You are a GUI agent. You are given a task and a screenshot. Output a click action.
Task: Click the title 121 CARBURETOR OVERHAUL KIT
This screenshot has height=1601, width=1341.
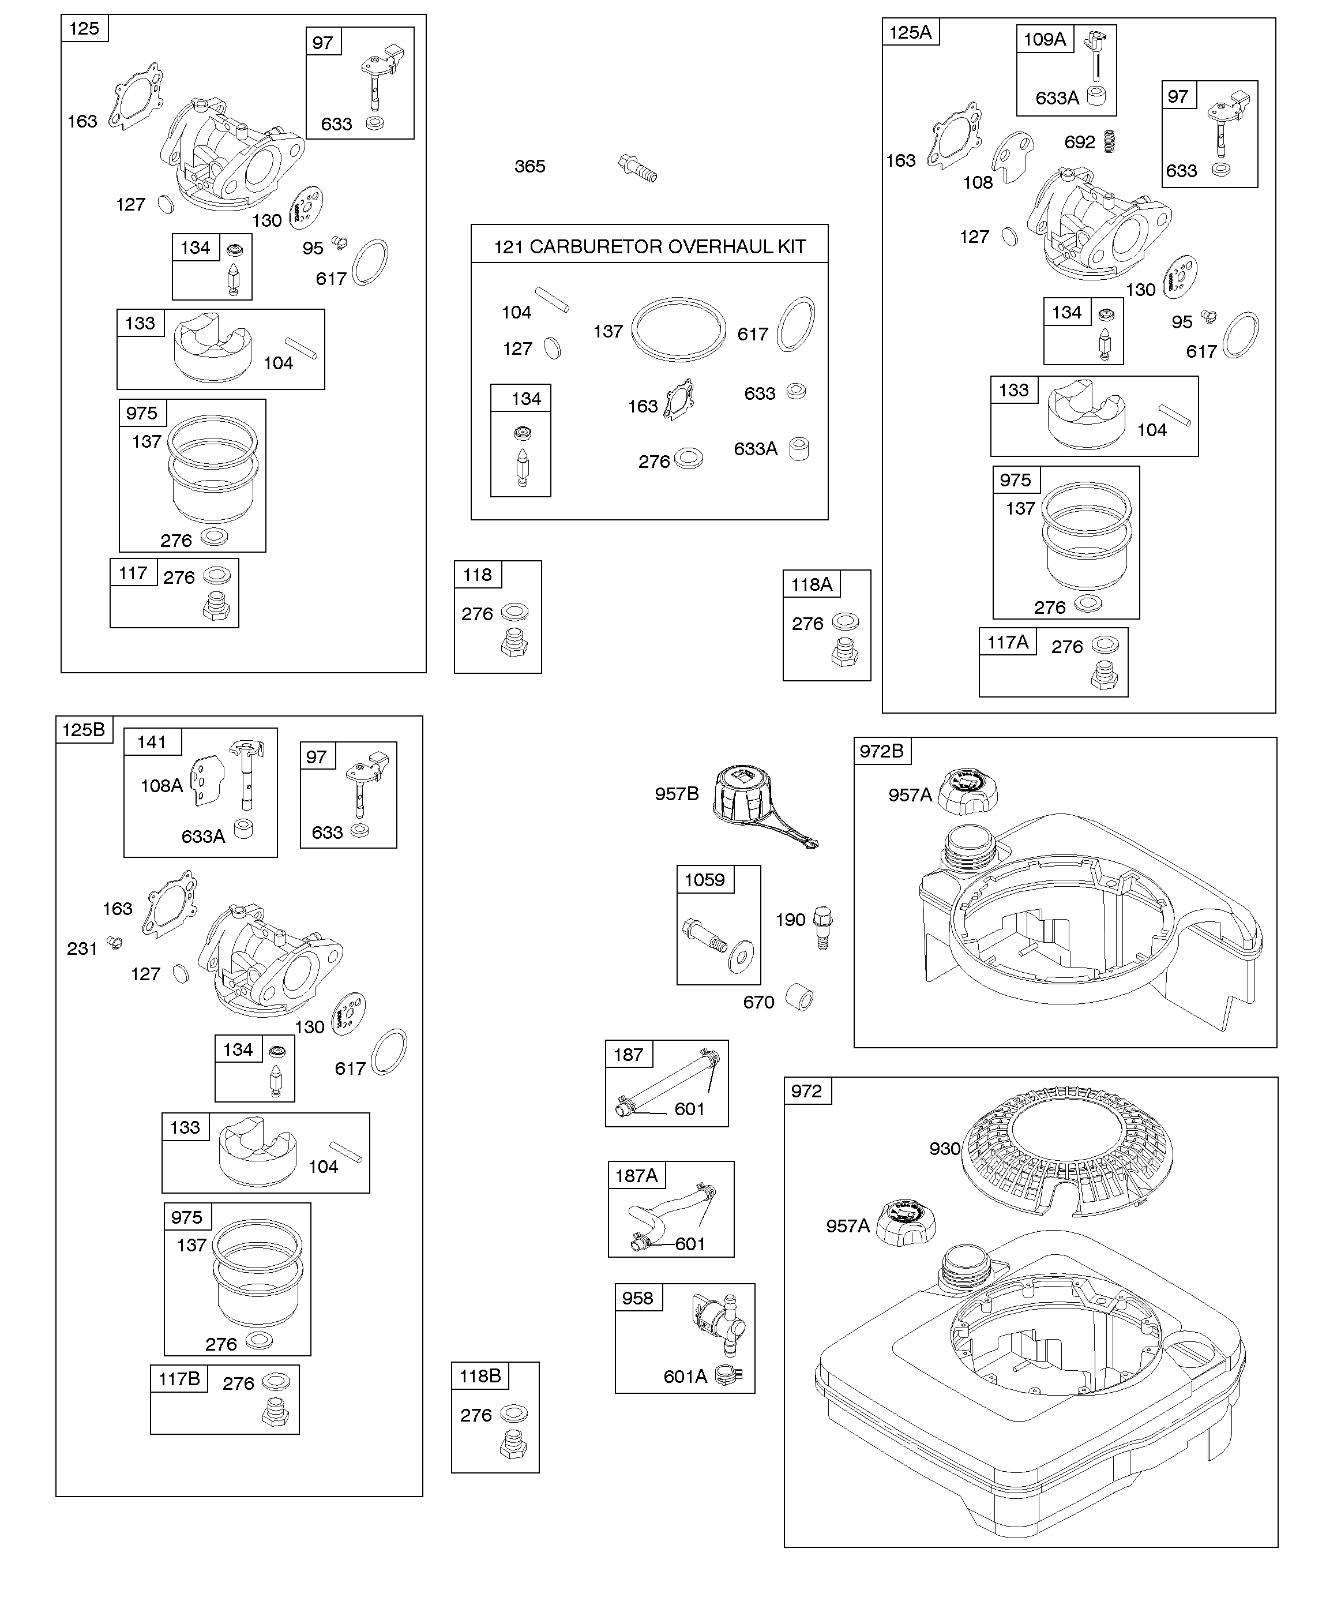pyautogui.click(x=649, y=246)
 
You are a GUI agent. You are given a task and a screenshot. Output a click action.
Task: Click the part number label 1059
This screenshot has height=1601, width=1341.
pyautogui.click(x=704, y=880)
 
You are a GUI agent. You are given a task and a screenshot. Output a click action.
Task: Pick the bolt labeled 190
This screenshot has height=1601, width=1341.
pyautogui.click(x=824, y=927)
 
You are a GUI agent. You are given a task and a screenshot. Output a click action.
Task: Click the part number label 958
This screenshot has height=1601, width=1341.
pyautogui.click(x=637, y=1298)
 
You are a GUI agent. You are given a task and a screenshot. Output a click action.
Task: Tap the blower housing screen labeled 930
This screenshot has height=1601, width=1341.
pyautogui.click(x=1067, y=1151)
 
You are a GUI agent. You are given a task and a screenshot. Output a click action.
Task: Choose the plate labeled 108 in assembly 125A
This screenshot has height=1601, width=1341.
pyautogui.click(x=1012, y=158)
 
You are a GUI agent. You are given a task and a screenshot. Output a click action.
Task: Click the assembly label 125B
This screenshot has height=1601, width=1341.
pyautogui.click(x=83, y=730)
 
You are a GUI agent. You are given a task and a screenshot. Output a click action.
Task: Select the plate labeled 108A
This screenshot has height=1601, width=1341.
pyautogui.click(x=208, y=780)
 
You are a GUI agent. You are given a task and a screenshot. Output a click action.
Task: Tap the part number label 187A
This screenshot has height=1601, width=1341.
pyautogui.click(x=636, y=1176)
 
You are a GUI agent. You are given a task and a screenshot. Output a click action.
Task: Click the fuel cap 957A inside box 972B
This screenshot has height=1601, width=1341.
pyautogui.click(x=967, y=792)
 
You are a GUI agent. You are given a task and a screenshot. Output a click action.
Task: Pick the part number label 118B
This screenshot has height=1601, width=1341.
pyautogui.click(x=479, y=1375)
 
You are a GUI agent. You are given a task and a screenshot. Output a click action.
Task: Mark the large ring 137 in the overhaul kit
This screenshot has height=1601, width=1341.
pyautogui.click(x=678, y=329)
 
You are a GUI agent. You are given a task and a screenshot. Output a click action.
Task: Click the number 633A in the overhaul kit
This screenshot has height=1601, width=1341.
pyautogui.click(x=756, y=449)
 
